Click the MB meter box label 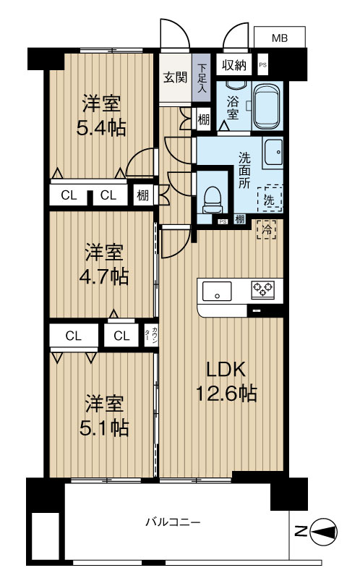pos(279,38)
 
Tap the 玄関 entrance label pos(175,77)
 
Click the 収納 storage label pos(234,65)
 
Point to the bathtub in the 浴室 pos(266,106)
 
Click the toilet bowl pos(211,199)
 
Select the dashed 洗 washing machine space pos(269,198)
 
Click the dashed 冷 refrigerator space pos(267,229)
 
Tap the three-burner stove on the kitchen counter pos(262,289)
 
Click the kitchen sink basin pos(217,291)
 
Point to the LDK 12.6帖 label pos(226,381)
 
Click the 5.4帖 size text pos(100,128)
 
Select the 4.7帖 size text pos(103,277)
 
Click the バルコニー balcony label pos(173,522)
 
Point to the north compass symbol pos(323,532)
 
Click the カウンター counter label pos(152,335)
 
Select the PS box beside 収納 pos(263,65)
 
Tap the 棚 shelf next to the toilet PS pos(240,219)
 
